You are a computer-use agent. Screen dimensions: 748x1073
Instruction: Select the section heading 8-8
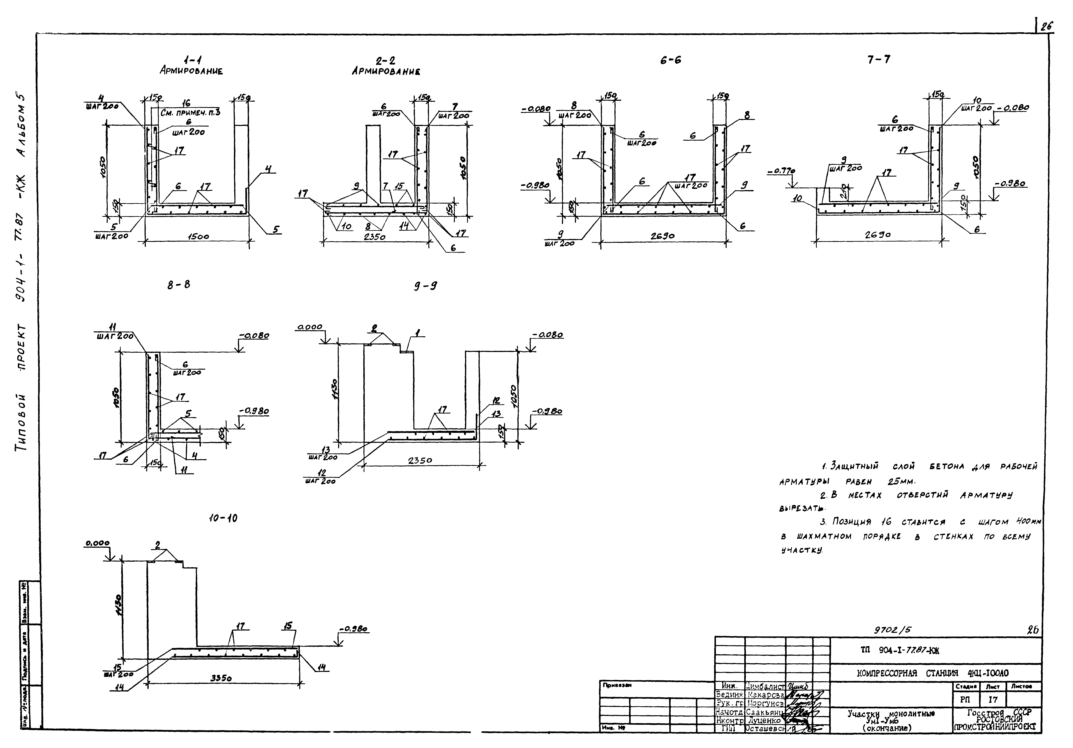179,285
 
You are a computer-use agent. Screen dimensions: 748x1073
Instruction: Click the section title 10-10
223,518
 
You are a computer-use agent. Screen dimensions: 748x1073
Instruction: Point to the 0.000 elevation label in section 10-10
97,543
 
